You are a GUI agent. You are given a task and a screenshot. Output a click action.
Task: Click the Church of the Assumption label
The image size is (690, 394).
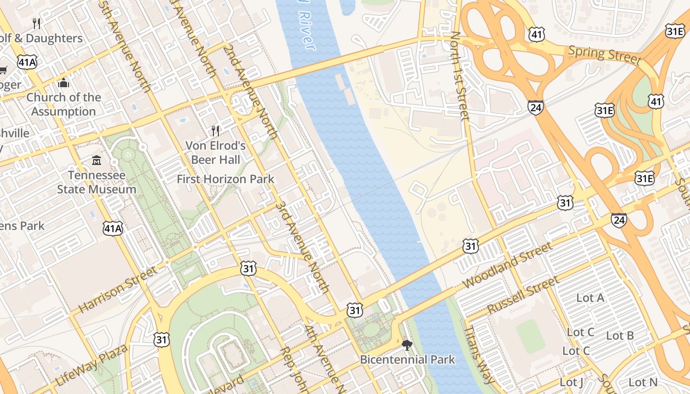pyautogui.click(x=63, y=104)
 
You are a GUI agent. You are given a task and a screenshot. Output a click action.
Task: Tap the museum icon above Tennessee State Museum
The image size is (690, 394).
pyautogui.click(x=97, y=161)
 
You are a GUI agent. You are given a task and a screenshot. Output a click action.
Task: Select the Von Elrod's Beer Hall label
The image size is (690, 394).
pyautogui.click(x=215, y=152)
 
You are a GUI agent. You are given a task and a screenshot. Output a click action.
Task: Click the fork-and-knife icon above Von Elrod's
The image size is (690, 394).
pyautogui.click(x=215, y=131)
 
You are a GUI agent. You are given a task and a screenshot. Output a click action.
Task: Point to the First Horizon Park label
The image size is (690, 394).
pyautogui.click(x=225, y=179)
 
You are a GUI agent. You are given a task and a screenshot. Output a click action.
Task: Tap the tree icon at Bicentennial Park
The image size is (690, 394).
pyautogui.click(x=407, y=345)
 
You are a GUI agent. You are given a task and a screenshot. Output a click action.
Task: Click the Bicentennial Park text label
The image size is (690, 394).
pyautogui.click(x=407, y=360)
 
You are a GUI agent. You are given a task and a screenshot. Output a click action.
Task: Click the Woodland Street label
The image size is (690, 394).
pyautogui.click(x=508, y=265)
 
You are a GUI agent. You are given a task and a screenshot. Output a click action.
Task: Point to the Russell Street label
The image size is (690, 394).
pyautogui.click(x=523, y=295)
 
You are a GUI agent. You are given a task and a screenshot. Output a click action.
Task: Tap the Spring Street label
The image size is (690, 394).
pyautogui.click(x=605, y=55)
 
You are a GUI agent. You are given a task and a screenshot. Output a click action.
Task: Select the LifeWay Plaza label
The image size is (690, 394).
pyautogui.click(x=92, y=365)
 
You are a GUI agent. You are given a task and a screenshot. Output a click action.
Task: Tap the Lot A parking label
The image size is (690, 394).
pyautogui.click(x=590, y=297)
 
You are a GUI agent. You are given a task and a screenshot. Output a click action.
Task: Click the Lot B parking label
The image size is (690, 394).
pyautogui.click(x=620, y=335)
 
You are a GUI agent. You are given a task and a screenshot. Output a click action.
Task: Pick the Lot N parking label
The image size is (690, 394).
pyautogui.click(x=643, y=382)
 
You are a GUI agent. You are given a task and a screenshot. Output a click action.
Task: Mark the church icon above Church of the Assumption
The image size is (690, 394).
pyautogui.click(x=63, y=83)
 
